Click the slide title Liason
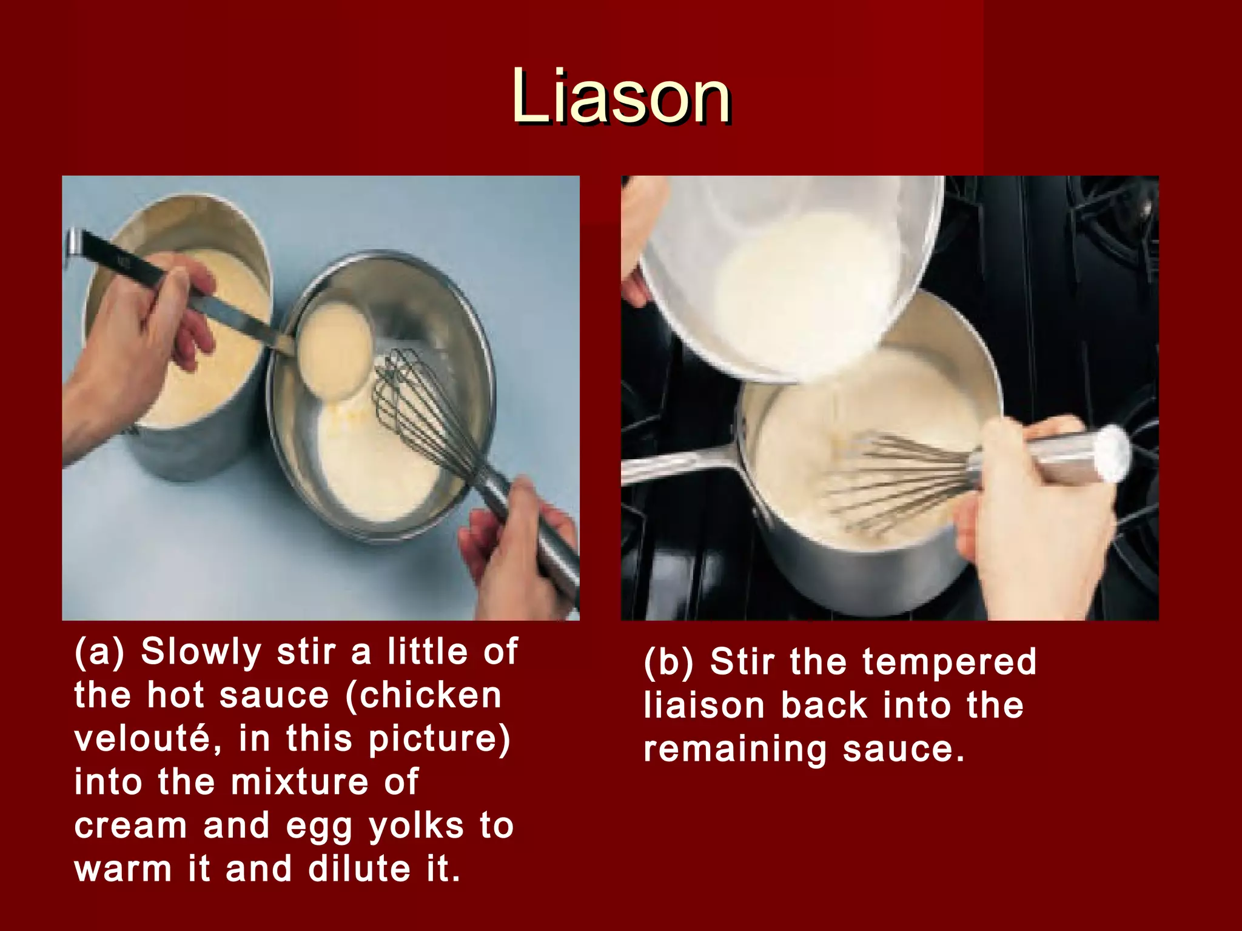pos(620,97)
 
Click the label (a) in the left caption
pos(99,652)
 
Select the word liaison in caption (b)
pos(704,706)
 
